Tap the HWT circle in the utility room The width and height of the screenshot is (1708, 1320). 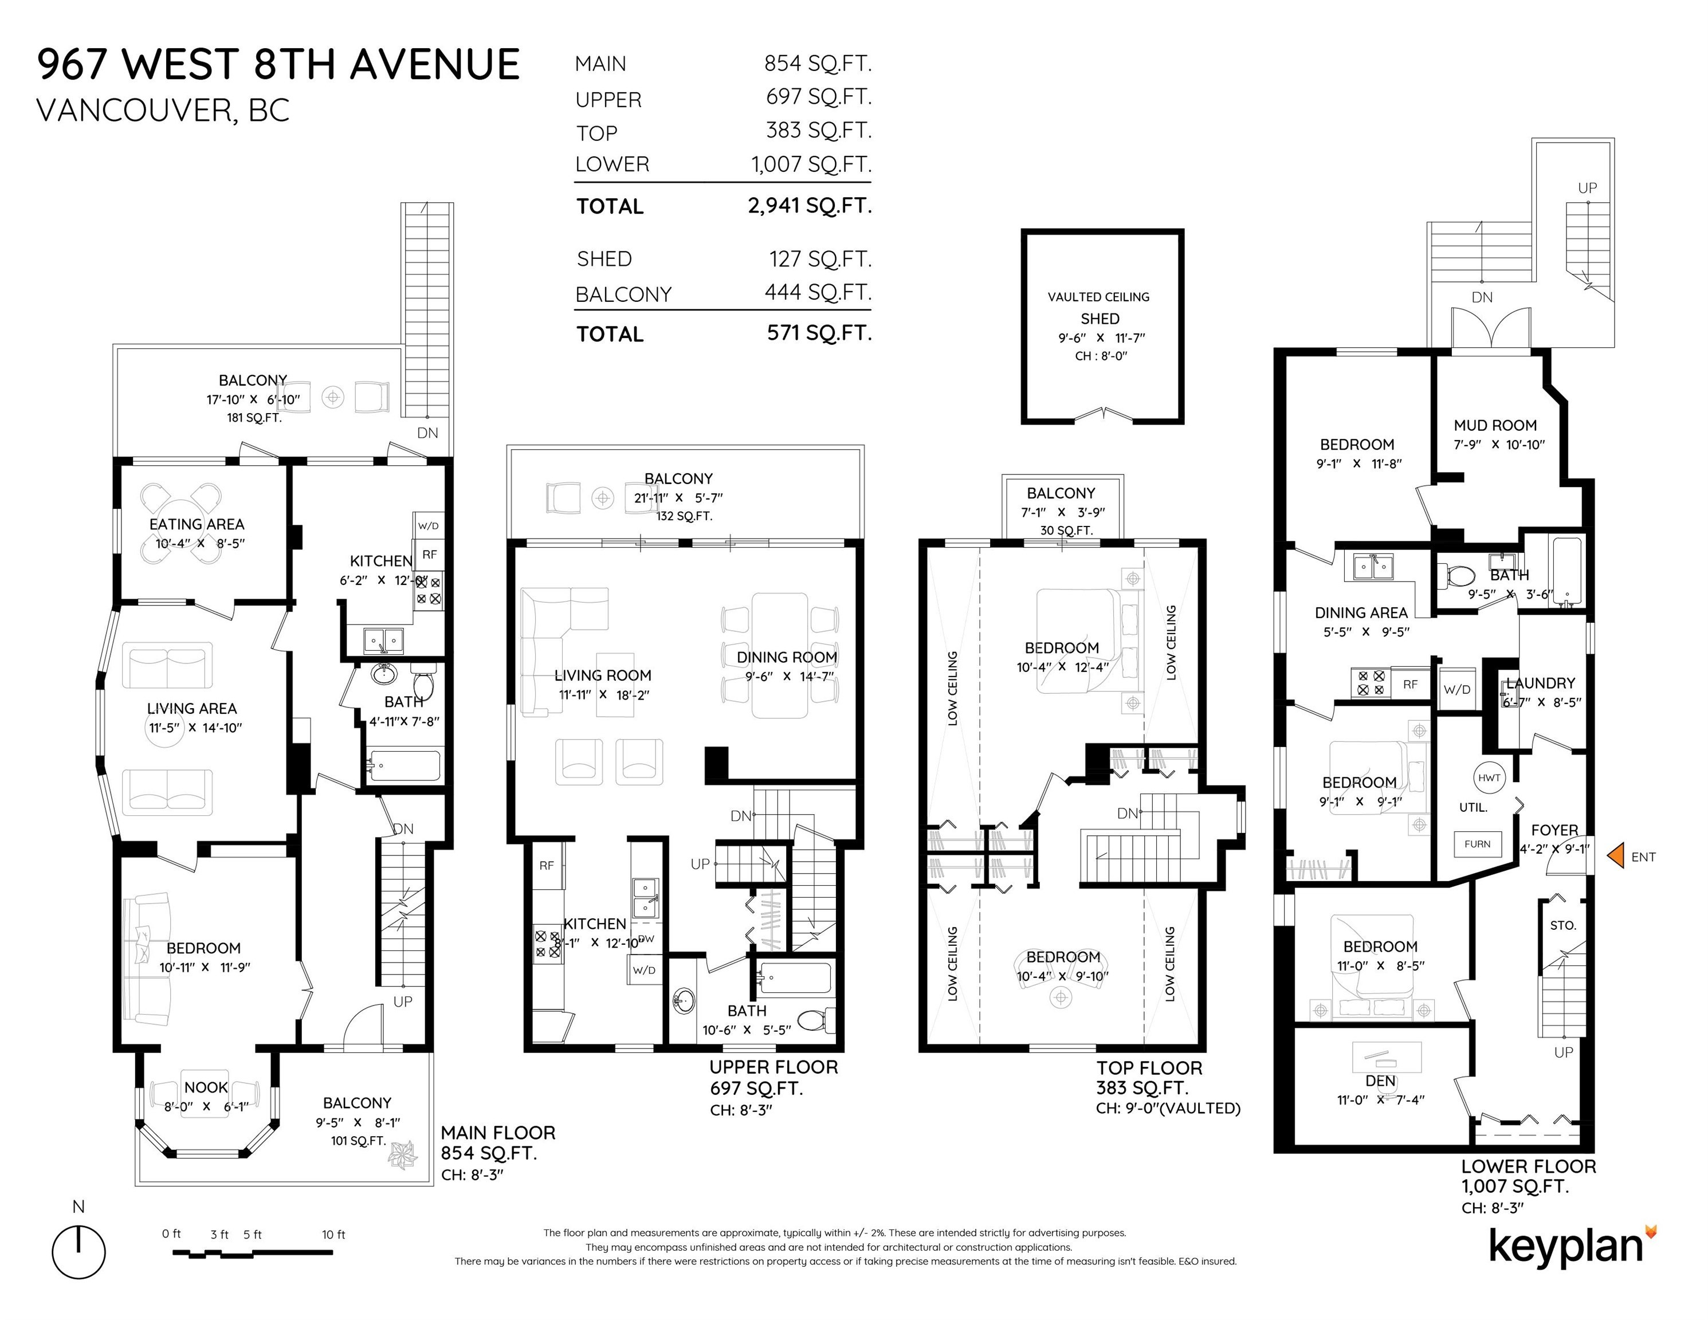[1489, 777]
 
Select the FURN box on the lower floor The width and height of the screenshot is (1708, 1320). [1477, 844]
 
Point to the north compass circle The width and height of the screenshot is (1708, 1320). [79, 1252]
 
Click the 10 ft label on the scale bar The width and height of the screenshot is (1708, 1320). [333, 1235]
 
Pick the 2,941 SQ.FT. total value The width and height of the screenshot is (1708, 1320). [810, 206]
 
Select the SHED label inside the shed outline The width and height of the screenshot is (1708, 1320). [1100, 319]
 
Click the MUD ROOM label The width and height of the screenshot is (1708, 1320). [1494, 426]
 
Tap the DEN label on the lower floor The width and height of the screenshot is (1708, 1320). [1380, 1081]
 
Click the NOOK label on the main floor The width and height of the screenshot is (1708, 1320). [206, 1087]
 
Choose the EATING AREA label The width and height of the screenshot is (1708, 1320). [197, 524]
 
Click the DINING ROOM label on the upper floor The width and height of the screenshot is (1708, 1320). [787, 658]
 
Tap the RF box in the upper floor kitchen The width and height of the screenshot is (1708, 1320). [547, 866]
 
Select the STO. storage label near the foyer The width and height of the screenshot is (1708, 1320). [1562, 925]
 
